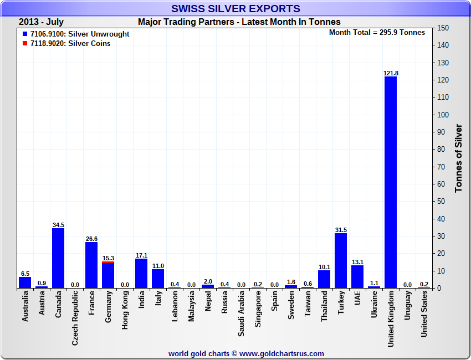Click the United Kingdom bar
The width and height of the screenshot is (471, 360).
pyautogui.click(x=391, y=183)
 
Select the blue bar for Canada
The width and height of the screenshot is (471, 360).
pyautogui.click(x=58, y=258)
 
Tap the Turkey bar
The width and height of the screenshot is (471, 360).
pyautogui.click(x=341, y=261)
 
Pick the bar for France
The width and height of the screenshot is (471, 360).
pyautogui.click(x=91, y=265)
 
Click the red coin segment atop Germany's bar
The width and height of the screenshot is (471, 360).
pyautogui.click(x=108, y=263)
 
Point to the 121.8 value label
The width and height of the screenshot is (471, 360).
pyautogui.click(x=391, y=73)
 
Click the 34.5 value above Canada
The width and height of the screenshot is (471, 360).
pyautogui.click(x=58, y=225)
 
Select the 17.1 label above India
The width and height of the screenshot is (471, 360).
pyautogui.click(x=141, y=255)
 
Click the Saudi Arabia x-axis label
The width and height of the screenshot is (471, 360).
pyautogui.click(x=241, y=314)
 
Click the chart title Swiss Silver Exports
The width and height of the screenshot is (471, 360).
pyautogui.click(x=235, y=8)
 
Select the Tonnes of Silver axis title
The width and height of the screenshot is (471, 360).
pyautogui.click(x=458, y=158)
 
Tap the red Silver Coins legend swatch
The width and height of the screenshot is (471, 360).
pyautogui.click(x=25, y=43)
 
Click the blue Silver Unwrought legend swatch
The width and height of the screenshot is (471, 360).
pyautogui.click(x=25, y=34)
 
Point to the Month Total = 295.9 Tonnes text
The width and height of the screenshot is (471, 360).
pyautogui.click(x=377, y=33)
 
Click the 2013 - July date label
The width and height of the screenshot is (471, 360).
pyautogui.click(x=41, y=22)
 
